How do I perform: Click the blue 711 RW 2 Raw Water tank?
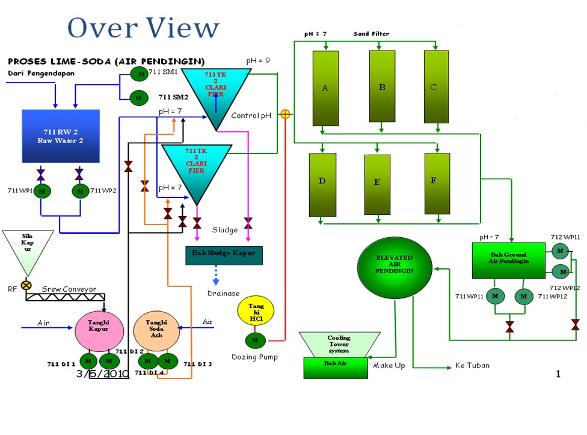click(x=60, y=136)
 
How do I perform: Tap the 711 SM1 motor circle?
click(x=140, y=74)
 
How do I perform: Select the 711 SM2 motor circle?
click(x=139, y=97)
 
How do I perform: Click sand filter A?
click(x=325, y=88)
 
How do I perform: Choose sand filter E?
click(x=377, y=184)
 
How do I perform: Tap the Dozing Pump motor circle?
click(x=255, y=341)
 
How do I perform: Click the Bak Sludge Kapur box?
click(x=224, y=255)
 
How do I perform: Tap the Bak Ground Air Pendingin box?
click(x=509, y=261)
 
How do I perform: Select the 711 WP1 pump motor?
click(x=41, y=191)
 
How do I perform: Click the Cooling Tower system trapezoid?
click(x=339, y=345)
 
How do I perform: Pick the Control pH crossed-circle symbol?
click(x=285, y=114)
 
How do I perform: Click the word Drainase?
click(x=223, y=294)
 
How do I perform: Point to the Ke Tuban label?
click(x=472, y=365)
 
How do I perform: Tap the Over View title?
click(x=143, y=28)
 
